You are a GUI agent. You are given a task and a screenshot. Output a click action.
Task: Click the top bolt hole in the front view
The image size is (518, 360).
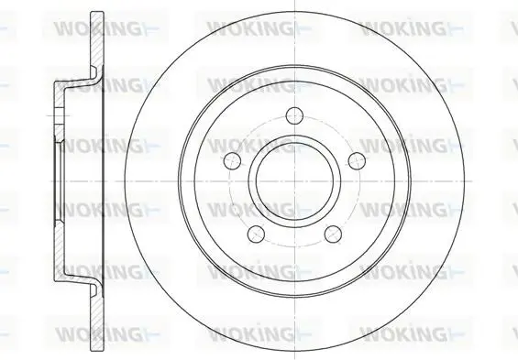294,115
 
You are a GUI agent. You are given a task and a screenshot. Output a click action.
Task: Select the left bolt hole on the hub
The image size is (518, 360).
232,160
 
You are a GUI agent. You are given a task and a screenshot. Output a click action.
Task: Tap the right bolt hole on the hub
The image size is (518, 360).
358,160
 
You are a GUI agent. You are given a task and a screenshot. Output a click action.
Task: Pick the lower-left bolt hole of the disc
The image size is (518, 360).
256,234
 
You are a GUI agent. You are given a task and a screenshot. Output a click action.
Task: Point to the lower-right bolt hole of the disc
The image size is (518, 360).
333,234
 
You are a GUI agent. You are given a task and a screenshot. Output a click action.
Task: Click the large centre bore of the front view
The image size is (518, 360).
294,181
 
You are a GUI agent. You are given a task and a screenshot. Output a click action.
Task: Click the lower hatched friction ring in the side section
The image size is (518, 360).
97,322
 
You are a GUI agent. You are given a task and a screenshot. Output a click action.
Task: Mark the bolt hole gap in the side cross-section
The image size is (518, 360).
59,115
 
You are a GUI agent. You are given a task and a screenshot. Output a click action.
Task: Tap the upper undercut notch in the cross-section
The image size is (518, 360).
94,71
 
